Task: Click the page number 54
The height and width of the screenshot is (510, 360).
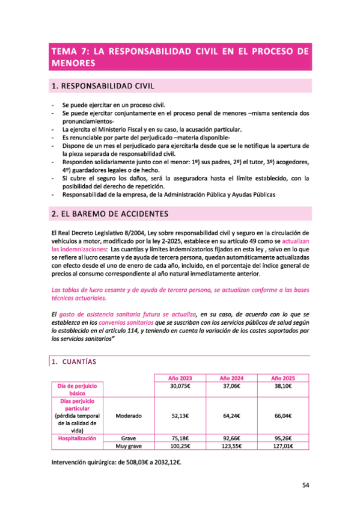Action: tap(305, 485)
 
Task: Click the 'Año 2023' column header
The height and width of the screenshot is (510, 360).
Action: tap(181, 377)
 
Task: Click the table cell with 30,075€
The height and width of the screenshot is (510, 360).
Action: tap(181, 386)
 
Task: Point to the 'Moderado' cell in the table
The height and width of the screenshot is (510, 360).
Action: tap(129, 414)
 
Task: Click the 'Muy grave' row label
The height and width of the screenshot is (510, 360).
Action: tap(129, 446)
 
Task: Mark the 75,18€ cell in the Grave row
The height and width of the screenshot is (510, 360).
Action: tap(181, 438)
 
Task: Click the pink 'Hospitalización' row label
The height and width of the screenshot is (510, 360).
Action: tap(78, 438)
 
